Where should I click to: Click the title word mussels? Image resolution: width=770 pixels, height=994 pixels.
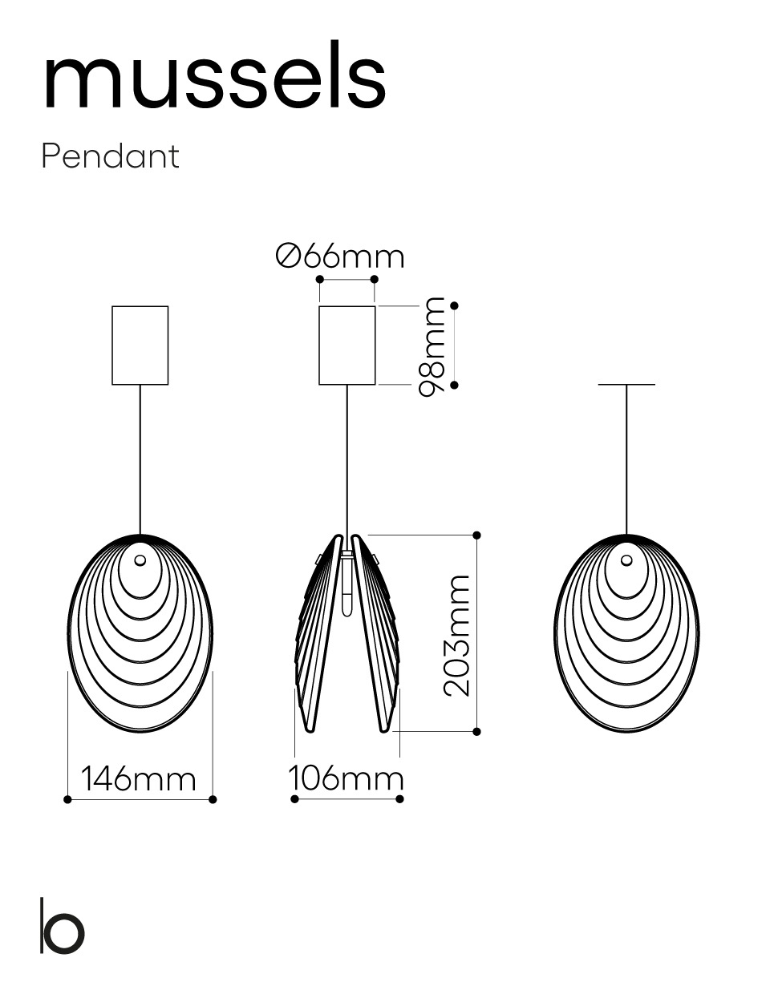[215, 75]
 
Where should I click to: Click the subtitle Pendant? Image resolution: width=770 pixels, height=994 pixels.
[110, 156]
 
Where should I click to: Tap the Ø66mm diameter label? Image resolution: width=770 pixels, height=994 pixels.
[340, 257]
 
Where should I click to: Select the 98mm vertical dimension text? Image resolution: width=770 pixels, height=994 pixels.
[432, 346]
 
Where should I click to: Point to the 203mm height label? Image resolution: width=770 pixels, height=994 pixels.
[456, 636]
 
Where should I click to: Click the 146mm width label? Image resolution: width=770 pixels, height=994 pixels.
[139, 779]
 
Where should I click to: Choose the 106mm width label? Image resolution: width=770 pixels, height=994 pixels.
[346, 778]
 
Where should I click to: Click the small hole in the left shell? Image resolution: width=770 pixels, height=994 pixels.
[140, 560]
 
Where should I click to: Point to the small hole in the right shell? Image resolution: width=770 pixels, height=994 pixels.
[626, 560]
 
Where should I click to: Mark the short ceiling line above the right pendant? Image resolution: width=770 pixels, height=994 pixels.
[626, 384]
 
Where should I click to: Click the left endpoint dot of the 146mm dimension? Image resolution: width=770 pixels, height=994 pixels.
[67, 799]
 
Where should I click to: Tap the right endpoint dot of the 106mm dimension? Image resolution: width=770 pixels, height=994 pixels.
[399, 799]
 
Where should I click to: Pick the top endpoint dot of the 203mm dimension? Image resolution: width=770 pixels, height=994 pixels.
[476, 535]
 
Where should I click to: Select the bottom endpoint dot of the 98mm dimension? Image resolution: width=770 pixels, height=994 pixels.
[454, 385]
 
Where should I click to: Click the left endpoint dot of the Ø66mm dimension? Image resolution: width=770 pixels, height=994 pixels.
[320, 279]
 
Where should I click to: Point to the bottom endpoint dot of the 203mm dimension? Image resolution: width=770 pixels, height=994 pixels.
[476, 731]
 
